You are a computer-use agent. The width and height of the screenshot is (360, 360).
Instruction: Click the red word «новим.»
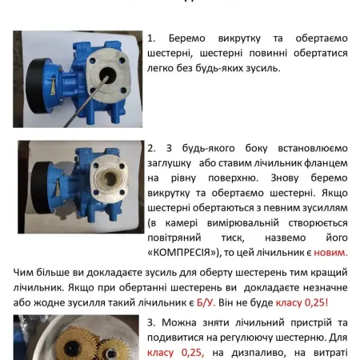pyautogui.click(x=330, y=252)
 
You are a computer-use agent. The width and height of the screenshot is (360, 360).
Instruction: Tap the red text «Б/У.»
pyautogui.click(x=206, y=302)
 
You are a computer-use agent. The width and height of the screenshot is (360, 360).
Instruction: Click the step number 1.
pyautogui.click(x=151, y=38)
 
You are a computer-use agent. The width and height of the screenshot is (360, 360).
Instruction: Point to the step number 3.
pyautogui.click(x=151, y=322)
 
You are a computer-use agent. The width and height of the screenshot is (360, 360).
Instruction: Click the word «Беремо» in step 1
pyautogui.click(x=187, y=38)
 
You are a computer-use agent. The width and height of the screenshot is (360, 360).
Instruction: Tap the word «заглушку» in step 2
pyautogui.click(x=170, y=163)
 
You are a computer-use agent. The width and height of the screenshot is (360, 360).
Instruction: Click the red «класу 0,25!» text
pyautogui.click(x=302, y=302)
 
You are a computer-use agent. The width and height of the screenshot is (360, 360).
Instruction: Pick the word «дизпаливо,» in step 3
pyautogui.click(x=258, y=353)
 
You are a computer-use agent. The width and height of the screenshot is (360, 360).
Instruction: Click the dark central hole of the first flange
pyautogui.click(x=108, y=74)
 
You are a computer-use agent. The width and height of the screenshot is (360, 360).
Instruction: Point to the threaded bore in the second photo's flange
pyautogui.click(x=110, y=178)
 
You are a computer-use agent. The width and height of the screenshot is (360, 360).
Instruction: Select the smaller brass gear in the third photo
pyautogui.click(x=114, y=350)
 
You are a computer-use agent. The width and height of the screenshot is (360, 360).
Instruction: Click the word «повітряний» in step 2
pyautogui.click(x=174, y=238)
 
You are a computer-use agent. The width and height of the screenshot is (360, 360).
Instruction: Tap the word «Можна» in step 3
pyautogui.click(x=179, y=322)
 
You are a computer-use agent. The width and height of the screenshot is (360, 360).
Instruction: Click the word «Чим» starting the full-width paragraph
pyautogui.click(x=23, y=273)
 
